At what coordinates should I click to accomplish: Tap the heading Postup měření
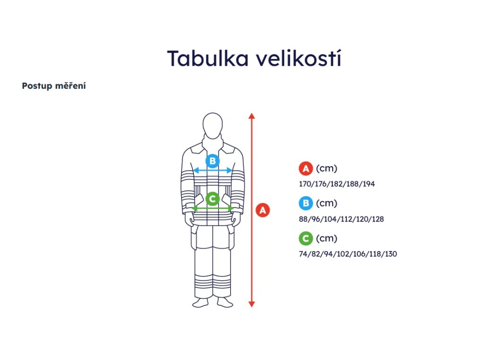pos(54,86)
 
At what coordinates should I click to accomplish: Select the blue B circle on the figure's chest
pos(213,161)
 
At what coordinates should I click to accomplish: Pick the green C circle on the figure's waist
pos(213,199)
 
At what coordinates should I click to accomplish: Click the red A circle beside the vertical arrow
pos(263,210)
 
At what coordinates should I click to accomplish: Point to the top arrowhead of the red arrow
pos(251,115)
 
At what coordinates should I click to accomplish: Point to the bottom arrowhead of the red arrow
pos(251,304)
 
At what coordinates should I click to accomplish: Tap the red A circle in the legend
pos(306,168)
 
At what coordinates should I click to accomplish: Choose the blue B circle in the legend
pos(306,204)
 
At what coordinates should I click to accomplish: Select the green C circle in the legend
pos(306,239)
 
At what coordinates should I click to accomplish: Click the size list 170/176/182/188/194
pos(337,184)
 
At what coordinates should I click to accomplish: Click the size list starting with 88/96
pos(340,219)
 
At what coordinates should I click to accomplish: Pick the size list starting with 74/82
pos(347,254)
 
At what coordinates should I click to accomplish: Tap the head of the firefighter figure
pos(213,124)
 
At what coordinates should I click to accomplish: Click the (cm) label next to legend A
pos(327,168)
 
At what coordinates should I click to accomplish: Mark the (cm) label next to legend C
pos(327,239)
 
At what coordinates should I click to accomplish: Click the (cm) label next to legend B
pos(327,204)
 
